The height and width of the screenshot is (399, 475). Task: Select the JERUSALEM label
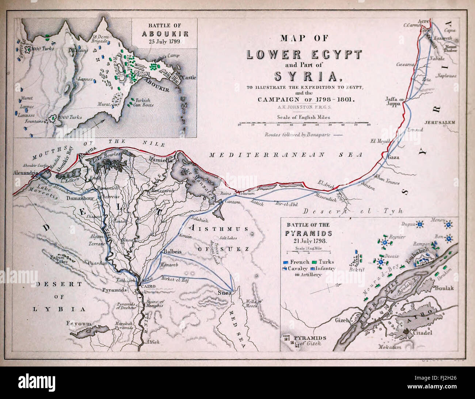440,122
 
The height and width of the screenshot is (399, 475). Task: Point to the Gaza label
393,158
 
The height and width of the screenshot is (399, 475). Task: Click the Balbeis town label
171,252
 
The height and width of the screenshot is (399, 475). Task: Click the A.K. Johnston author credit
304,107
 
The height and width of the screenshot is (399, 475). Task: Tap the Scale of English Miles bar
304,124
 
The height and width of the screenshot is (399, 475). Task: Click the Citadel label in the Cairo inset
423,333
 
